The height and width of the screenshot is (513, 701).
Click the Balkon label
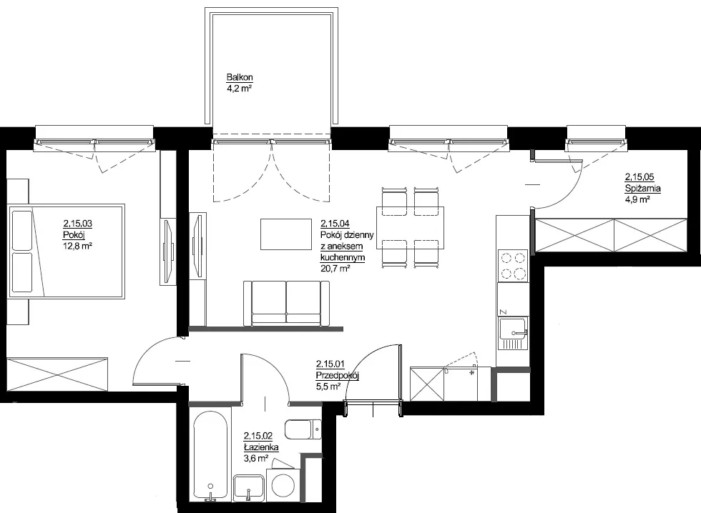coord(240,77)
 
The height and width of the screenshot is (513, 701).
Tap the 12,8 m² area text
coord(77,246)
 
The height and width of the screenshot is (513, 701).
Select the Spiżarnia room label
coord(642,189)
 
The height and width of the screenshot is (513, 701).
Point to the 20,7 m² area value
coord(335,269)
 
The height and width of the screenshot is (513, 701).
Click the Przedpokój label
coord(337,376)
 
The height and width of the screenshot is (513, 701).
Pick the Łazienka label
coord(261,447)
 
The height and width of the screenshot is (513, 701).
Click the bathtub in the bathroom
coord(212,454)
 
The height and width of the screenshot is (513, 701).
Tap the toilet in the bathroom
coord(303,430)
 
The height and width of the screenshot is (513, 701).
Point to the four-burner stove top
coord(513,266)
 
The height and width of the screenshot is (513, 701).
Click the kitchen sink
coord(514,334)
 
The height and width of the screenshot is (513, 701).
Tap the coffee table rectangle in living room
coord(286,234)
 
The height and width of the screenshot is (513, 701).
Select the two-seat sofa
coord(286,304)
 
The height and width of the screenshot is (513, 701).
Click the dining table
coord(411,228)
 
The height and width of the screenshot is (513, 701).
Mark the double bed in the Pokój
coord(66,251)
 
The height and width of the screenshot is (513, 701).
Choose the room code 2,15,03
coord(78,224)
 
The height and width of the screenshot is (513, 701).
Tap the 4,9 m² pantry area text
coord(637,199)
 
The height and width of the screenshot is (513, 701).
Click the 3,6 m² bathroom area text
coord(256,458)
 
